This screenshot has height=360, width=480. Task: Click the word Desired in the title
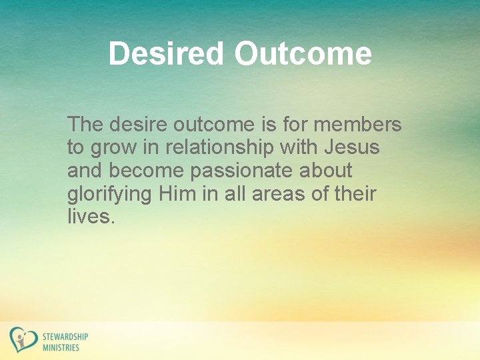(167, 53)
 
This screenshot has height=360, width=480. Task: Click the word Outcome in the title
(303, 53)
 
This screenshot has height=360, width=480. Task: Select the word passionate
(239, 171)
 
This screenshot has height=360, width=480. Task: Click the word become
(148, 171)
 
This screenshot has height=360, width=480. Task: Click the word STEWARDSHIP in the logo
(65, 337)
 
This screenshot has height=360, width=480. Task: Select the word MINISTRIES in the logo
(61, 347)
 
